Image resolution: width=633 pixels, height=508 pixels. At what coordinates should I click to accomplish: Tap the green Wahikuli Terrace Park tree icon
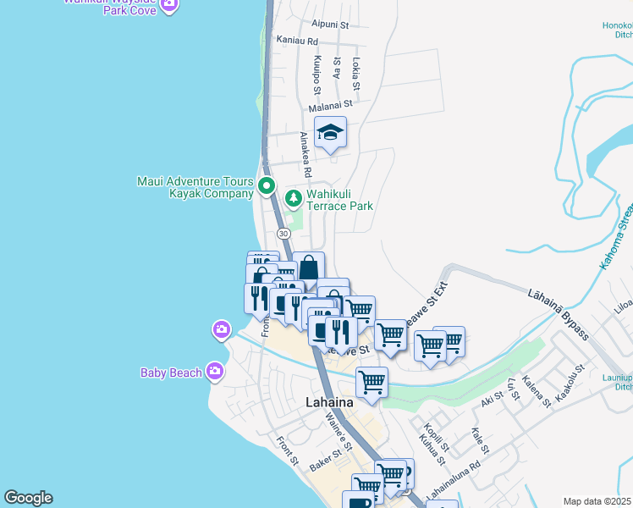(294, 198)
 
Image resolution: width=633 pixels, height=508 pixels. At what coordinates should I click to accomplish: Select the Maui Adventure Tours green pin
(267, 185)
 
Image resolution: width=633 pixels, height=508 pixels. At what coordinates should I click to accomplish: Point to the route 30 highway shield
(283, 234)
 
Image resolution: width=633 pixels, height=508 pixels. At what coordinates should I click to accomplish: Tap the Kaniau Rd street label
(296, 41)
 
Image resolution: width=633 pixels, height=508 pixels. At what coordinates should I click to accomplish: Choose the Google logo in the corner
(28, 498)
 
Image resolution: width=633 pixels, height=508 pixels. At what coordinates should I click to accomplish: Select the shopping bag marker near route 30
(309, 266)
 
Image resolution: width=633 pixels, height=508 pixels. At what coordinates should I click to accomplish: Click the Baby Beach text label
(171, 373)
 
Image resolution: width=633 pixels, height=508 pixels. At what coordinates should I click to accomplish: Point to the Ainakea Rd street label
(306, 154)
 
